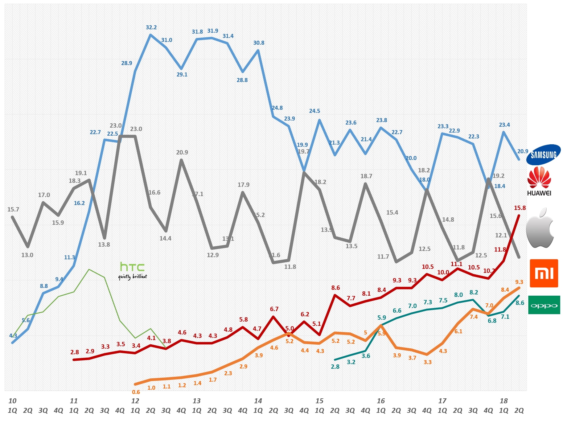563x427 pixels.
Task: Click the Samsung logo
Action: [543, 155]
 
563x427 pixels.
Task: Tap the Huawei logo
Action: [539, 181]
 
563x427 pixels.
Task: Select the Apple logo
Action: [540, 228]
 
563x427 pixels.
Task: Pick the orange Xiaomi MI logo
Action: [544, 273]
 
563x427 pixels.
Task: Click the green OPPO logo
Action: [544, 305]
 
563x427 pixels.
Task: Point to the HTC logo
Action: [133, 270]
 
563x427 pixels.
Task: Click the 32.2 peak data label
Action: [151, 27]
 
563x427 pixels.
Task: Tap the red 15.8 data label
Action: [520, 208]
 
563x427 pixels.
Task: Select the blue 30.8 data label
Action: [259, 43]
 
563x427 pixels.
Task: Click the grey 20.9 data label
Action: [182, 152]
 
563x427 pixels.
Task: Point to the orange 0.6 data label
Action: [136, 392]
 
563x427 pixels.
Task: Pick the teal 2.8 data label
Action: [335, 367]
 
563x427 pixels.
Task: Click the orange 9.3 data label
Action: [519, 282]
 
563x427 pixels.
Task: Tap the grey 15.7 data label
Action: [13, 209]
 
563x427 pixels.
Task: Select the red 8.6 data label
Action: [335, 288]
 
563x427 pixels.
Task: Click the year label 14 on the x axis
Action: [258, 401]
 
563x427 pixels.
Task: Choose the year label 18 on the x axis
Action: [504, 401]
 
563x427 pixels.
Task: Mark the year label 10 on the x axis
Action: [12, 401]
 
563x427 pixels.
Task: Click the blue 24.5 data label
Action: [314, 111]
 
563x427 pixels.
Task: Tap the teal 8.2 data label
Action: [474, 292]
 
